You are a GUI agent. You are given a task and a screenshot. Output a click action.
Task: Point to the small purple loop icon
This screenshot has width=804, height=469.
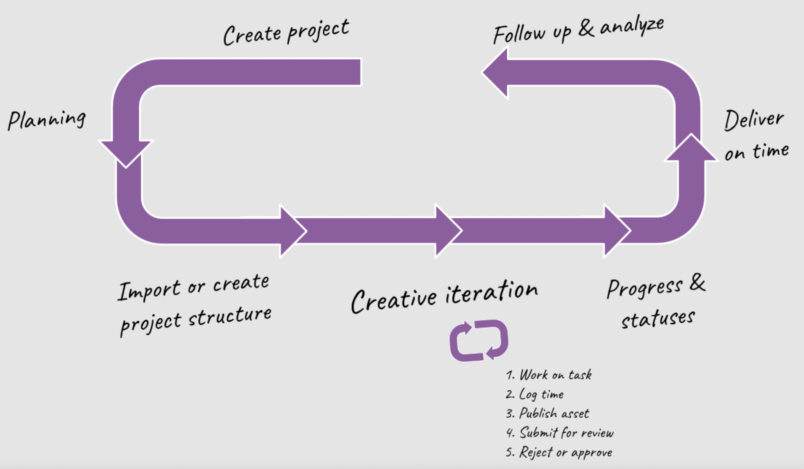point(478,340)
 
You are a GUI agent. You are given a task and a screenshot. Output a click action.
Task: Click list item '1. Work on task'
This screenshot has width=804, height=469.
point(549,375)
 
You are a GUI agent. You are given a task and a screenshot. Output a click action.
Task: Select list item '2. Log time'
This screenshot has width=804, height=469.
point(535,394)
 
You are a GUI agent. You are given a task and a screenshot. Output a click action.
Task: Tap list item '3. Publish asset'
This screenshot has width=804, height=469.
point(548,413)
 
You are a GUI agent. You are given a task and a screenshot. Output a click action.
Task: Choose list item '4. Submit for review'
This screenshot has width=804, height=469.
point(560,433)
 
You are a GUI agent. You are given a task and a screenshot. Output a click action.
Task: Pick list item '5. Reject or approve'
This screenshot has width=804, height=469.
point(559,452)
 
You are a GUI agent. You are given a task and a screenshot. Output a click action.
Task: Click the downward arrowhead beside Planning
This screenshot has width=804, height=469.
point(126,153)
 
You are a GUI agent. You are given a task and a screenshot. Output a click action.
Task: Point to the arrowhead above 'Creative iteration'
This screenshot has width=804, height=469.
point(447,231)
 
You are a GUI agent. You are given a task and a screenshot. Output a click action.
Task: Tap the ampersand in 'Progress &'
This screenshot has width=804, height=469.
point(697,282)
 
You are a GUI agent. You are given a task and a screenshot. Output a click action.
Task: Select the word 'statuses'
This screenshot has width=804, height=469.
point(658,318)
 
